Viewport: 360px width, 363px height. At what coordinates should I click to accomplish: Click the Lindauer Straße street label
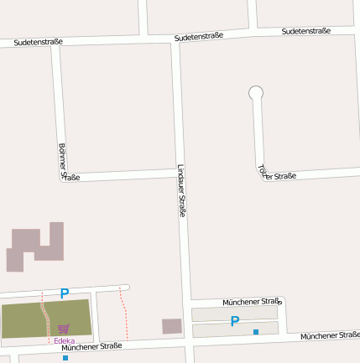coord(181,190)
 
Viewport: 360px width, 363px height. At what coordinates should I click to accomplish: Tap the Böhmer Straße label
coord(65,162)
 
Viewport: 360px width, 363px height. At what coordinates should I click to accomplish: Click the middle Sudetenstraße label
coord(199,37)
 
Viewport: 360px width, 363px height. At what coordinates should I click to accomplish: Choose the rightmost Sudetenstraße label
coord(305,31)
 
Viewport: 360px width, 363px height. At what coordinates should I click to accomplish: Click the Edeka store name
coord(64,340)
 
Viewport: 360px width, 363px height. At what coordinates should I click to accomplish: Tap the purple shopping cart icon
coord(64,329)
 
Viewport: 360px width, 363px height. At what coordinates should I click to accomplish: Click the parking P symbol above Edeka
coord(64,294)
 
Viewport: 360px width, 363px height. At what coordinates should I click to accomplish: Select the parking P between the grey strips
coord(235,321)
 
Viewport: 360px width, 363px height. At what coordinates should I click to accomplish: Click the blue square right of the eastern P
coord(256,332)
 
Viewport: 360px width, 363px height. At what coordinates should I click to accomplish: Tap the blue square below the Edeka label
coord(65,358)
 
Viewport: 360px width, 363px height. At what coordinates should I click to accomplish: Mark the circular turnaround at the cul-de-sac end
coord(256,93)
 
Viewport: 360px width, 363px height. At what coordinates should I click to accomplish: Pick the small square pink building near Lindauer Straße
coord(171,326)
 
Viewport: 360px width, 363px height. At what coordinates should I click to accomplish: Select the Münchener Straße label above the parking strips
coord(251,301)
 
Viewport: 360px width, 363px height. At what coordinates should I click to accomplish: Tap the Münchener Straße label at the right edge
coord(329,335)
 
